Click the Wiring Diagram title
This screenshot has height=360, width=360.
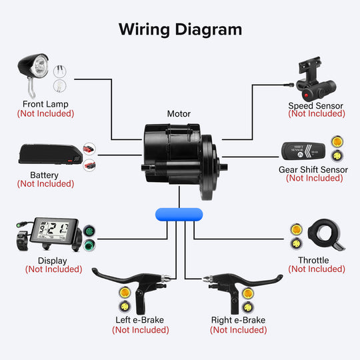(x=180, y=29)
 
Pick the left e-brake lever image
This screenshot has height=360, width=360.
(x=130, y=285)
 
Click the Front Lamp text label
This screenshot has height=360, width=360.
(x=45, y=105)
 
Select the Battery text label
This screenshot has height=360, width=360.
(x=45, y=175)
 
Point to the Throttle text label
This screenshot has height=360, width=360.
(x=317, y=260)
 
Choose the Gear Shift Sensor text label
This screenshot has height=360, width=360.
(x=313, y=169)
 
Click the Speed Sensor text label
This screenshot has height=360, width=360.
(x=316, y=105)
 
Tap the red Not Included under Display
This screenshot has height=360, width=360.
(x=53, y=269)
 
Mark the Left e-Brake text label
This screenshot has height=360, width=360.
(x=140, y=320)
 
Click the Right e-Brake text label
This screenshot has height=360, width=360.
(x=238, y=320)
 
